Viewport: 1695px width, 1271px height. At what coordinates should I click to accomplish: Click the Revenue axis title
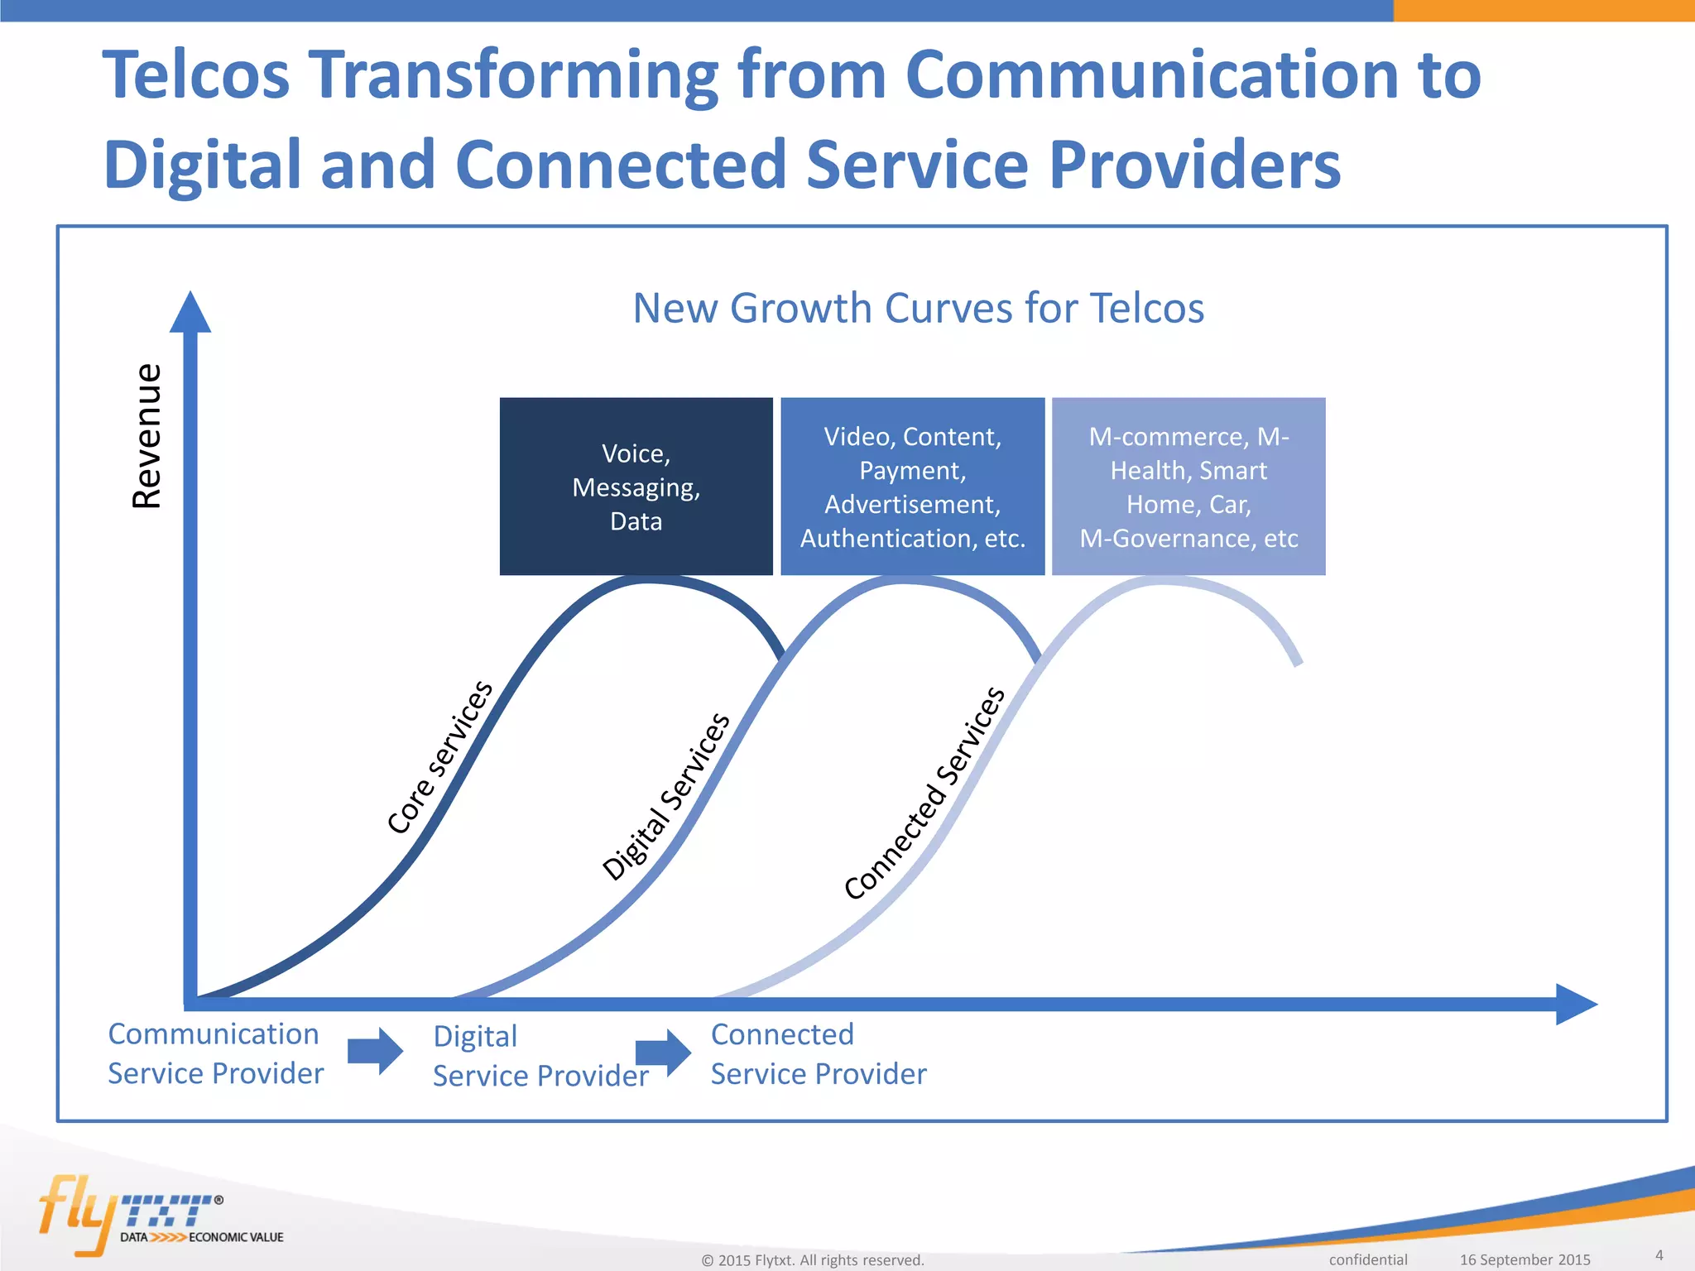147,435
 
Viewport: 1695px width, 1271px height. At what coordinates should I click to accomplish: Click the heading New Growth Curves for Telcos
918,309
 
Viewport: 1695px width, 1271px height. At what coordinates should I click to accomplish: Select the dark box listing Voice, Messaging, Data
636,487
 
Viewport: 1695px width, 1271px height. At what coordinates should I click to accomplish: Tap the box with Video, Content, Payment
912,487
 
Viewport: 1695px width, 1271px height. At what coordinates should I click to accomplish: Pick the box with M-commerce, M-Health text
1188,487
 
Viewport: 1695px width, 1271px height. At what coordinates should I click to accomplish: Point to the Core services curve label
439,757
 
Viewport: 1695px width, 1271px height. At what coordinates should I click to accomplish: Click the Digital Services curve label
666,796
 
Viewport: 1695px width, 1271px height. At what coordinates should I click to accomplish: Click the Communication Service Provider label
215,1053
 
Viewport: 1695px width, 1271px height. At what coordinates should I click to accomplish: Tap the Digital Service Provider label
540,1056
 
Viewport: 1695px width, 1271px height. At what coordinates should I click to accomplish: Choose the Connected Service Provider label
818,1053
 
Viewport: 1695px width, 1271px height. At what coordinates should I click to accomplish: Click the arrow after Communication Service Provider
375,1051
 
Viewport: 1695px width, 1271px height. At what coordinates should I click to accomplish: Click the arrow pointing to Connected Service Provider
663,1053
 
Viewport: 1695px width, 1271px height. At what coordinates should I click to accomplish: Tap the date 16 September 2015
1525,1259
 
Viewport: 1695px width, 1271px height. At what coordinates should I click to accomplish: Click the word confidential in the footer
1367,1259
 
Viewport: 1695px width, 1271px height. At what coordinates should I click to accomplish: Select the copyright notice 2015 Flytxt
812,1260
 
